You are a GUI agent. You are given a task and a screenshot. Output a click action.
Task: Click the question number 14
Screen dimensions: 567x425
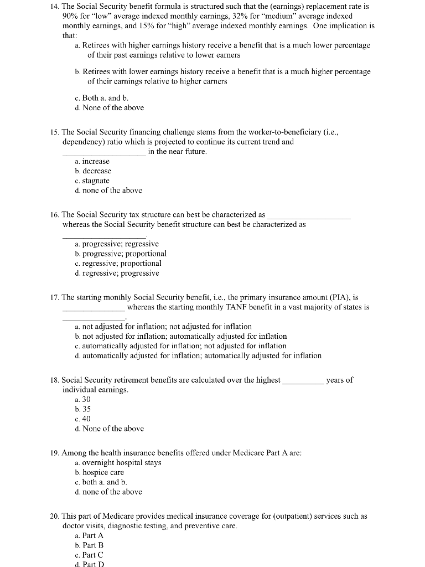click(54, 6)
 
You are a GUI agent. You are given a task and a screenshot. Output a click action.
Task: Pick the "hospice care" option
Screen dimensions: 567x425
click(103, 472)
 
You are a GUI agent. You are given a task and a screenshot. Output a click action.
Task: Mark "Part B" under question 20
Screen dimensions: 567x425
click(92, 545)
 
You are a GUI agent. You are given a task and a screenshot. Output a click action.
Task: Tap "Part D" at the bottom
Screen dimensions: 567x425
click(92, 564)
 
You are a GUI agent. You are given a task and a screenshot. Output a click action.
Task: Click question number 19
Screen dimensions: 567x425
click(54, 453)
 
